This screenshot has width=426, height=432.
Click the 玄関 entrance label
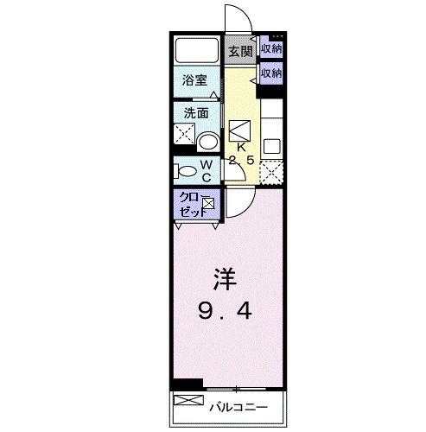(x=239, y=51)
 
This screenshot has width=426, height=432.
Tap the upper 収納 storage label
(x=271, y=48)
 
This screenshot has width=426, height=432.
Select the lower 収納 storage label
(x=271, y=73)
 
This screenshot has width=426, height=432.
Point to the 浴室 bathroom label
(x=194, y=80)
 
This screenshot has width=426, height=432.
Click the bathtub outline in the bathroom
(x=198, y=49)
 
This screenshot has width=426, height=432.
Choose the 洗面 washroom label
(x=194, y=113)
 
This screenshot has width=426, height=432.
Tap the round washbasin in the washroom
(x=207, y=142)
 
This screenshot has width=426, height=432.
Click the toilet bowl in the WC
(x=182, y=170)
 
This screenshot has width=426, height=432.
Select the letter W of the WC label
(x=207, y=164)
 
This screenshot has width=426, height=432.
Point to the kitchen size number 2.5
(x=241, y=161)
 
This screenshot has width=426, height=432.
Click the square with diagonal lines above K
(x=241, y=130)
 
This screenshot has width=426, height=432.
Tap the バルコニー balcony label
(x=236, y=406)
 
